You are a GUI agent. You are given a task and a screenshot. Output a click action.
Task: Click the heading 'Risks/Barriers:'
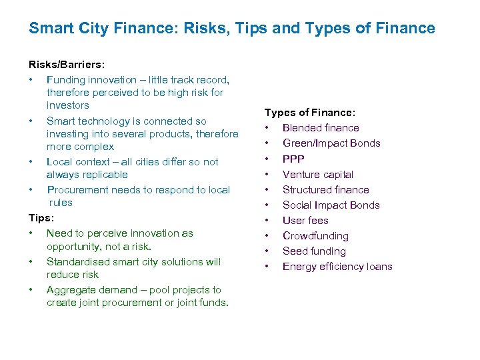(66, 65)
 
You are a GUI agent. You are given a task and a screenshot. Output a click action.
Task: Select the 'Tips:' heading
(40, 218)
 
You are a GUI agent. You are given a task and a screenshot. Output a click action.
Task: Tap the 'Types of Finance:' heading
(309, 113)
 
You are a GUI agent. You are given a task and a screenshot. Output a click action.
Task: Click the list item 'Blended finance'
(321, 128)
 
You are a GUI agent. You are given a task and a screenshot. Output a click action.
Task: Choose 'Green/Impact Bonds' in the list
(331, 143)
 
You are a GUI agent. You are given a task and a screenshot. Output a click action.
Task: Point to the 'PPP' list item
(293, 159)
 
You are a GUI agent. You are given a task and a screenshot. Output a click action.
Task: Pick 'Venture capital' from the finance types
(318, 175)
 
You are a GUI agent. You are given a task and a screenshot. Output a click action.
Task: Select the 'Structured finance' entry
(325, 190)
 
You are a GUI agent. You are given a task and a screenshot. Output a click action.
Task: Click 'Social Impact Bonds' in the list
(331, 205)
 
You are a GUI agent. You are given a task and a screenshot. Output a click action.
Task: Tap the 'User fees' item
(305, 221)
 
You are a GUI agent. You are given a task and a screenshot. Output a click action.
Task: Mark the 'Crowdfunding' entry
(315, 236)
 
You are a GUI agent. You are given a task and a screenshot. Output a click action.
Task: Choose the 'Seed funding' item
(314, 251)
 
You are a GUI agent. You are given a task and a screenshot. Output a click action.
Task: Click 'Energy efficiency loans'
(337, 267)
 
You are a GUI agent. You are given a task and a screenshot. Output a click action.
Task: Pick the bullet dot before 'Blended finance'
(267, 128)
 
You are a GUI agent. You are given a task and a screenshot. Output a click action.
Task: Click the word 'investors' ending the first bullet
(67, 105)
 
